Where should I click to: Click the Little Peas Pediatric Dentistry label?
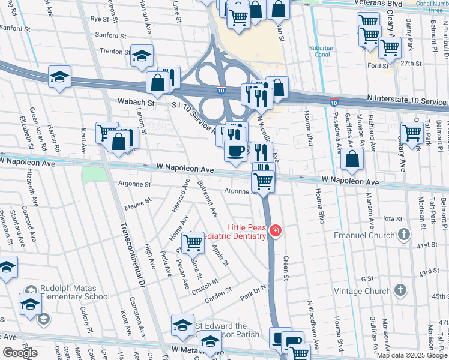(246, 231)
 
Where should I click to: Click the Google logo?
(20, 352)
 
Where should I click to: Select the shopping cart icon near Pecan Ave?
(193, 242)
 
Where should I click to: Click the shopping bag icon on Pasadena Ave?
(353, 159)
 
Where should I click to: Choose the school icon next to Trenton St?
(142, 56)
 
